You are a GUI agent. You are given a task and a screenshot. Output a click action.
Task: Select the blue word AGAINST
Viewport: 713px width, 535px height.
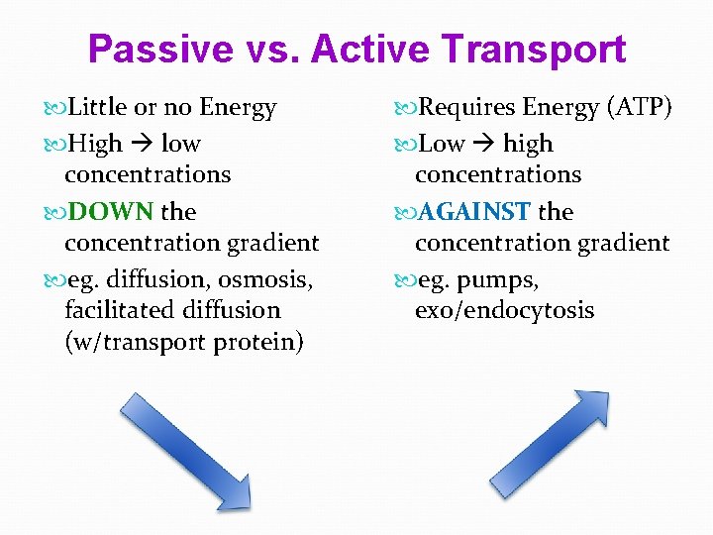(475, 212)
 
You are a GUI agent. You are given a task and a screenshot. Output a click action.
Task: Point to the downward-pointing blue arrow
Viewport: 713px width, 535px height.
(184, 450)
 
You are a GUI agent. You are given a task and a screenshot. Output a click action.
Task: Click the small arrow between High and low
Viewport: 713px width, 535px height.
(142, 145)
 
